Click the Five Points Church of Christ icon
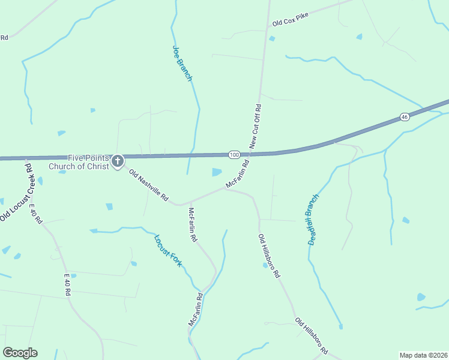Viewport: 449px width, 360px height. [117, 161]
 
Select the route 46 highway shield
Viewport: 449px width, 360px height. [405, 116]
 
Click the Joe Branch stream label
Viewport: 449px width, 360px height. [182, 64]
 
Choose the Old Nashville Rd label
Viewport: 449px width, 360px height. [149, 185]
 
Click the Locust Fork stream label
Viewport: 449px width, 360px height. [167, 250]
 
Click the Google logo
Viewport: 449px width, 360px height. [20, 353]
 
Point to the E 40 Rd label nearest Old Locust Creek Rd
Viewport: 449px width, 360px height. [35, 214]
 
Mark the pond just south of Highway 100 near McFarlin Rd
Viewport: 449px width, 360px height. [217, 173]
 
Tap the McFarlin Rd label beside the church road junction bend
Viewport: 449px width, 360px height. [193, 224]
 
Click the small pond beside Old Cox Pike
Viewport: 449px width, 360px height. [272, 39]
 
